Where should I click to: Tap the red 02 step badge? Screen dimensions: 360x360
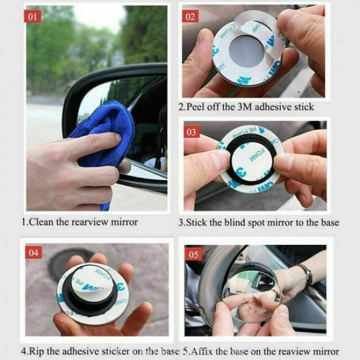pyautogui.click(x=191, y=16)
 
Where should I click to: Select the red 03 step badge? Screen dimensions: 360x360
pyautogui.click(x=191, y=132)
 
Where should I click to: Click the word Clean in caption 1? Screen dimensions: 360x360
pyautogui.click(x=43, y=221)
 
